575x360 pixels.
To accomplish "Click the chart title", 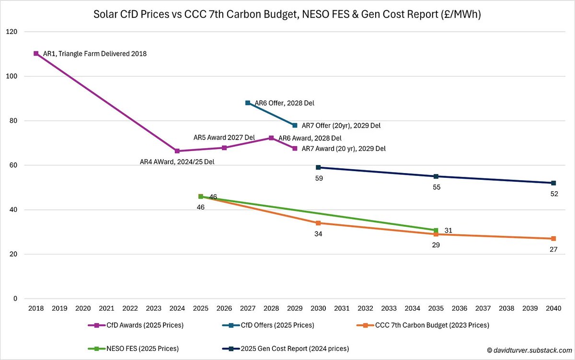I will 287,15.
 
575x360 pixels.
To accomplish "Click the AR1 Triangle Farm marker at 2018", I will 36,54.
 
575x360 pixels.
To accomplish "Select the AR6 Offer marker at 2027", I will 248,103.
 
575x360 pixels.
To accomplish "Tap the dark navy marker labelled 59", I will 318,167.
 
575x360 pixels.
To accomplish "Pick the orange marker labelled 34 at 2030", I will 318,223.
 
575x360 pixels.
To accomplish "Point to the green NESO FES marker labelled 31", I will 436,230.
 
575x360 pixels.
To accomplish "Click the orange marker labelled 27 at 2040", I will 553,239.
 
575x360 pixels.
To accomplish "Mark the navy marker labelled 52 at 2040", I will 553,183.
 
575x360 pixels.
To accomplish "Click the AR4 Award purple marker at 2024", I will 177,151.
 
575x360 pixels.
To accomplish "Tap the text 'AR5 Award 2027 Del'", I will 224,138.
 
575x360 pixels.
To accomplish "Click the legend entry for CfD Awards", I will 136,325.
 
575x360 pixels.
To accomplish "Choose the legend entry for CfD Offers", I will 271,325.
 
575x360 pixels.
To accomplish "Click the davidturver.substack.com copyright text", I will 525,350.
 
